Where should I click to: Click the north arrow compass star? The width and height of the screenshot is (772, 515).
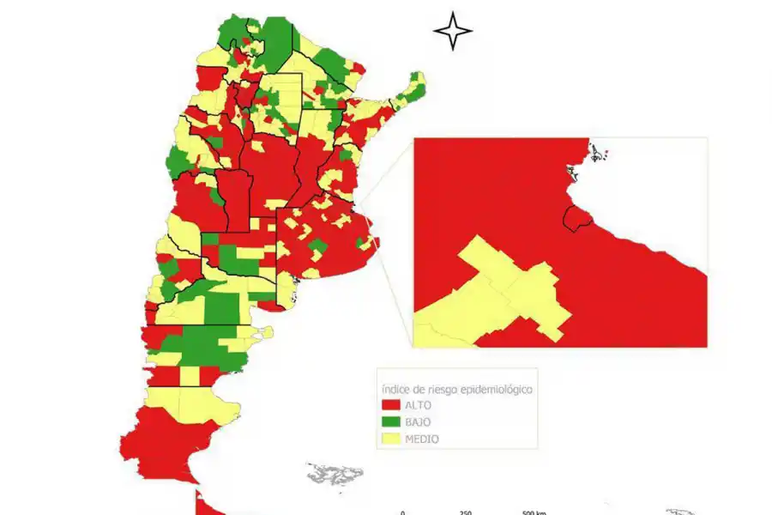point(453,31)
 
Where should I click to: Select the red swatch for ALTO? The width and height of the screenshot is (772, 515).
point(393,404)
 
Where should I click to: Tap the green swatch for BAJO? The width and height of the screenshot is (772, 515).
point(393,421)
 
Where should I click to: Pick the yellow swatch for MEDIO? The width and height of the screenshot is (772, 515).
point(393,439)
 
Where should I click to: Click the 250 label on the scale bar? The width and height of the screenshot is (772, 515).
point(466,512)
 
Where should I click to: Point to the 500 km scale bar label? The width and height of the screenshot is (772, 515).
point(534,512)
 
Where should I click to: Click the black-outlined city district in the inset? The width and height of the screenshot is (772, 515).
point(576,219)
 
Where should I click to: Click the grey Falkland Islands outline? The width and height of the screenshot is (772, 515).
point(335,473)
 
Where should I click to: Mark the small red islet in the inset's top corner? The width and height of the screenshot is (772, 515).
point(606,154)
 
